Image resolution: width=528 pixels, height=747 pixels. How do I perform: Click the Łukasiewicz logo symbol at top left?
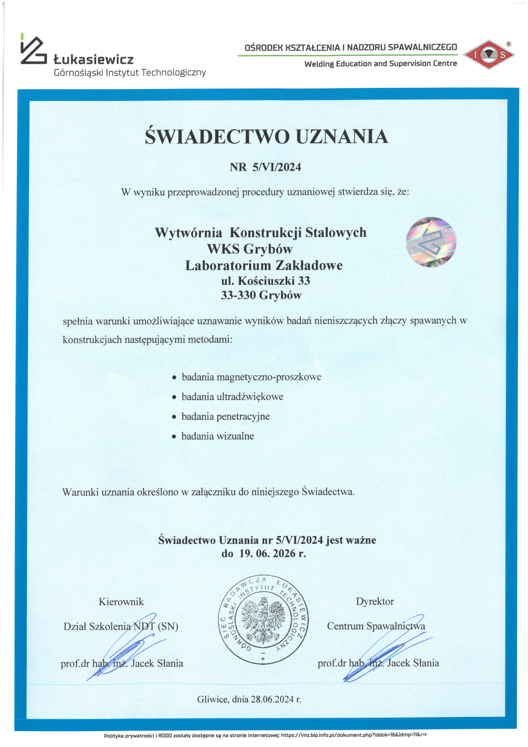[x=33, y=50]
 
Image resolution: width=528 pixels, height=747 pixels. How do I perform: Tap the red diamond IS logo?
[x=489, y=54]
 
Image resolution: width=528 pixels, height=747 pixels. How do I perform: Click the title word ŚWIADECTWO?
[x=217, y=137]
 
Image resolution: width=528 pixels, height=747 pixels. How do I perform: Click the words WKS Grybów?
[x=249, y=249]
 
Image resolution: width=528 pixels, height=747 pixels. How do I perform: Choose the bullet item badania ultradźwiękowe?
[x=232, y=397]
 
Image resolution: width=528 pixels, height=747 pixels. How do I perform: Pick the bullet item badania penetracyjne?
[x=225, y=416]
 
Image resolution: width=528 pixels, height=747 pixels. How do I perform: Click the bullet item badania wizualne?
[x=218, y=436]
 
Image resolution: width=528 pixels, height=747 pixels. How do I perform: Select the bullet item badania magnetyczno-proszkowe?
[x=251, y=377]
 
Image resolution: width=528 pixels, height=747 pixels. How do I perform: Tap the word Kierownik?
[x=121, y=602]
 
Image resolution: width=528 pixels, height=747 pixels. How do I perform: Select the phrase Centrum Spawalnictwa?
[x=376, y=626]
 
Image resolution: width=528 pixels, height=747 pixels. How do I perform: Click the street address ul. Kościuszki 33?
[x=265, y=280]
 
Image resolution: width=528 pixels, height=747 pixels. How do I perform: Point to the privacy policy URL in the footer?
[x=354, y=735]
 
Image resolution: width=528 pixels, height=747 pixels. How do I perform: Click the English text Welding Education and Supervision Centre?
[x=380, y=63]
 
